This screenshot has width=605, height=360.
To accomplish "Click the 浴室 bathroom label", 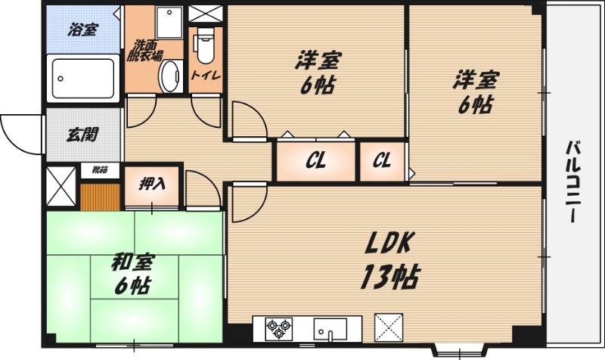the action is point(83,29).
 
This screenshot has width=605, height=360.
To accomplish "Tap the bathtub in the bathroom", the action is point(83,79).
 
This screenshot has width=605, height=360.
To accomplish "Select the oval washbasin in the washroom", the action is point(171,76).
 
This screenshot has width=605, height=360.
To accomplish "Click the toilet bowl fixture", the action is point(205,45).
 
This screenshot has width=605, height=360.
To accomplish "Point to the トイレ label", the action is point(206,74).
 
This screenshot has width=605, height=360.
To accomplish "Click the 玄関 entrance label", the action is point(82,135).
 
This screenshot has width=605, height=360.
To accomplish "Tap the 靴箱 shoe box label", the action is point(100,169).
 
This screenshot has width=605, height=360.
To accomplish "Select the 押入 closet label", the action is point(152,184).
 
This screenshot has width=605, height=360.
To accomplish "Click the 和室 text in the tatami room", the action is point(133,262).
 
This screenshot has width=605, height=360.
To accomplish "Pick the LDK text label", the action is point(389,243).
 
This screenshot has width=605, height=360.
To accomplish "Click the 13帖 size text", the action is point(390,277).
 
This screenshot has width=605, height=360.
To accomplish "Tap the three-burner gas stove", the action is point(278,329).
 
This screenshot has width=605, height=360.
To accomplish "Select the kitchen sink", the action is point(330,329).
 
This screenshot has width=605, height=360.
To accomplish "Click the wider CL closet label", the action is point(316,161).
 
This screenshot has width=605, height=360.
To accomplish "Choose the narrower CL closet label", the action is point(382,160).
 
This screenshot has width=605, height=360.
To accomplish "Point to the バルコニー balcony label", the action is point(575,182).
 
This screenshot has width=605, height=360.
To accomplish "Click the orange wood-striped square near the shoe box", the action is point(101,197).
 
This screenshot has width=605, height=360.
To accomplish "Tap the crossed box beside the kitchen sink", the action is point(389,327).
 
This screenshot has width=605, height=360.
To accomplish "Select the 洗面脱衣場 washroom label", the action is point(144,51).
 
